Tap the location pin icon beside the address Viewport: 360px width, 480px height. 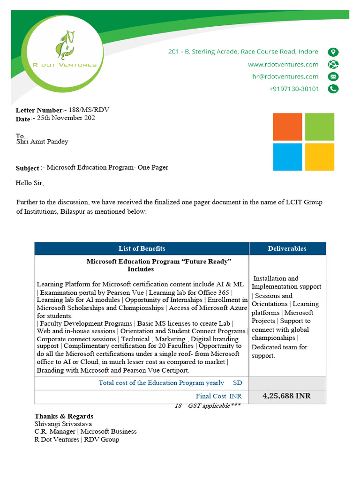pos(333,52)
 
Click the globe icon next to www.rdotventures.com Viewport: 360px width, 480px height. pos(333,65)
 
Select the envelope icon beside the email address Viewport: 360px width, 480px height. pos(333,77)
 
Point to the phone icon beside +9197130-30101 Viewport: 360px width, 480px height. pos(333,89)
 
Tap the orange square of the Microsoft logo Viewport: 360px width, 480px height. pos(288,127)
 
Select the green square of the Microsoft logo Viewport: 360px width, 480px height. pos(320,127)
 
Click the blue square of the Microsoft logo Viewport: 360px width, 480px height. pos(288,157)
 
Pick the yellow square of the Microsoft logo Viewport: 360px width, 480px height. pos(320,157)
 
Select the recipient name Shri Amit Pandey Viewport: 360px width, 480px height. pos(42,142)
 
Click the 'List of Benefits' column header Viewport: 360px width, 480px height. pos(142,248)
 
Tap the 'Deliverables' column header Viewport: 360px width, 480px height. pos(287,248)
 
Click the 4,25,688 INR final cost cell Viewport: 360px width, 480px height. pos(286,396)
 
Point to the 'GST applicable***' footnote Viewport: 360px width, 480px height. pos(214,406)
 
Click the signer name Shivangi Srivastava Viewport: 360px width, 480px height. pos(63,424)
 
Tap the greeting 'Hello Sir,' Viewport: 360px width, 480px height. pos(30,183)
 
